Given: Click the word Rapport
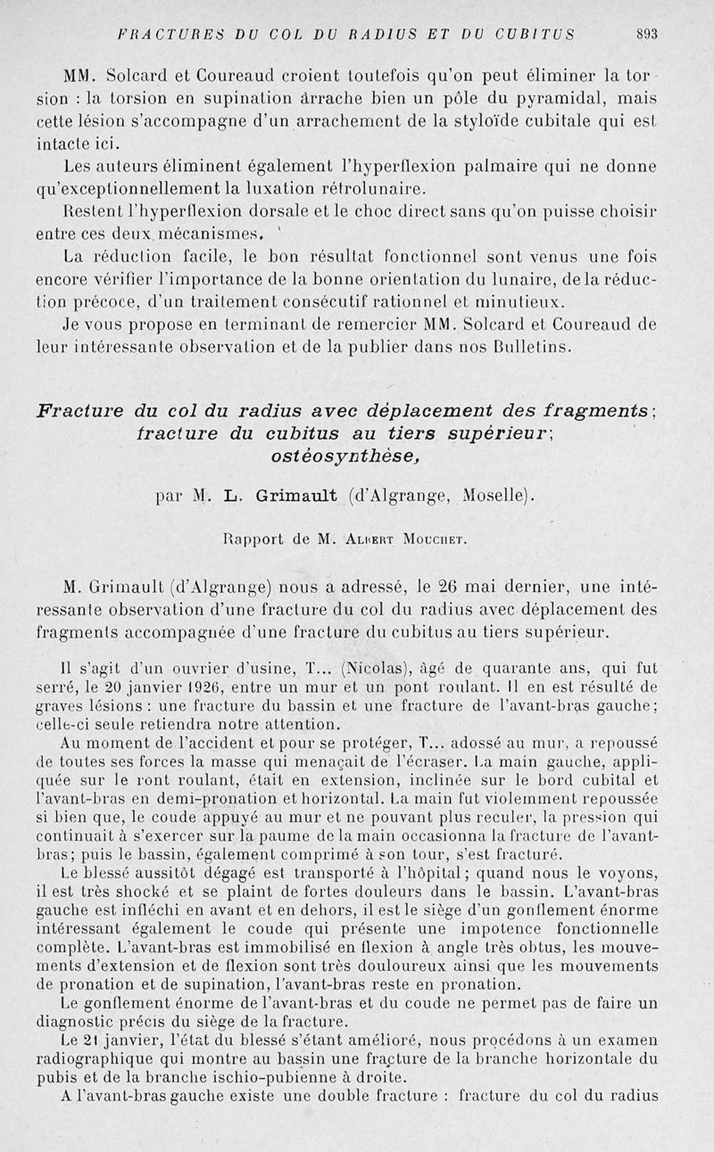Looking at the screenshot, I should click(x=252, y=539).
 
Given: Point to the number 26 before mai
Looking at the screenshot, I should click(x=447, y=587).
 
